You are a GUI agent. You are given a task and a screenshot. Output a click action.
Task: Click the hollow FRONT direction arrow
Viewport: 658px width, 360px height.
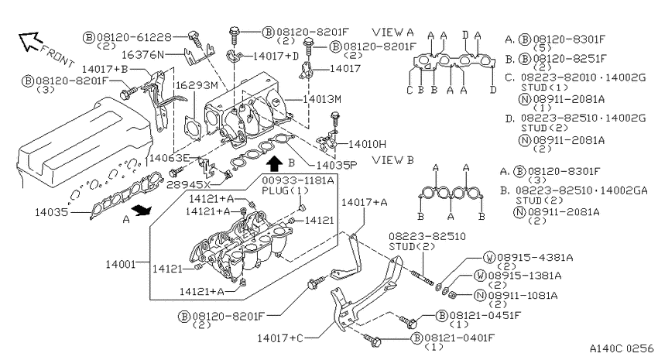[x=29, y=41]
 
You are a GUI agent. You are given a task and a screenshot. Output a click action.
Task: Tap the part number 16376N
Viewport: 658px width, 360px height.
[x=143, y=54]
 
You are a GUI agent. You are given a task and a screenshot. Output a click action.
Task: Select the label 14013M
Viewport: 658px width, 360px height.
[x=322, y=99]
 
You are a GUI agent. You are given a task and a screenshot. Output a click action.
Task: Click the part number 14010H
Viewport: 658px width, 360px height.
[x=367, y=144]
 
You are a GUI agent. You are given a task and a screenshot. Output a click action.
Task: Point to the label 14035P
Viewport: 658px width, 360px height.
[x=336, y=165]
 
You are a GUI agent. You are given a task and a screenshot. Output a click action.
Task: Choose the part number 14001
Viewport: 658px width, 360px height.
[x=121, y=264]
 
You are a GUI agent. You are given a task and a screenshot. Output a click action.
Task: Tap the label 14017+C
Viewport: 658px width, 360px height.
[x=280, y=338]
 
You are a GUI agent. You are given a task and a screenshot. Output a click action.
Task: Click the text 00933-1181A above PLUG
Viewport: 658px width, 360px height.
[x=298, y=180]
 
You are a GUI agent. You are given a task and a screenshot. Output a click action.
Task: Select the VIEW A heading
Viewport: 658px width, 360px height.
[x=392, y=32]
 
